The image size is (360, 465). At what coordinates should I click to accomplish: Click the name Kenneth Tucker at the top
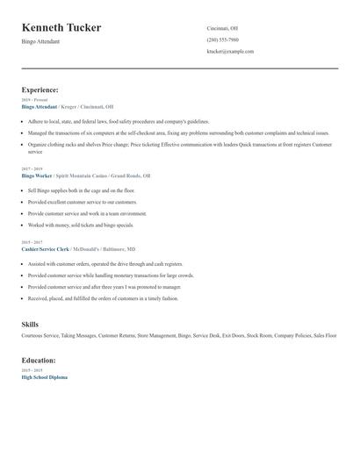pos(61,28)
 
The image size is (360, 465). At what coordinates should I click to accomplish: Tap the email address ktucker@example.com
pos(230,52)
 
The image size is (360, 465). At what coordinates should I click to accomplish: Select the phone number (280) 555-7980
pos(222,39)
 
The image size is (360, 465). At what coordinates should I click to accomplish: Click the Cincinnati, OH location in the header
pos(222,28)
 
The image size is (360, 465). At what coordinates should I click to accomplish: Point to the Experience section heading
pos(40,89)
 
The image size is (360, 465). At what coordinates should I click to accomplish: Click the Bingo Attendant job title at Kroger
pos(39,106)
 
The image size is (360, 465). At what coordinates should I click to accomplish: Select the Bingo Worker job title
pos(36,175)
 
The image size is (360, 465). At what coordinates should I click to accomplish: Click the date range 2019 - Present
pos(35,100)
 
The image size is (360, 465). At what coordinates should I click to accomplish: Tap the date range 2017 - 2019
pos(32,169)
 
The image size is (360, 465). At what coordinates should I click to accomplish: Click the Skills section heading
pos(30,325)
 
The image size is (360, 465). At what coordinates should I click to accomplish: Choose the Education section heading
pos(39,360)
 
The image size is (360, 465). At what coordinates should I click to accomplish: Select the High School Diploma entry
pos(44,376)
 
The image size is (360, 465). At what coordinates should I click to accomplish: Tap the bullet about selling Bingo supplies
pos(81,190)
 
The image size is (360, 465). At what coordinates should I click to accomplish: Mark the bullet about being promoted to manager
pos(104,286)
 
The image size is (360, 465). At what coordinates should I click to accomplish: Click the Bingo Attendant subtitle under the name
pos(41,41)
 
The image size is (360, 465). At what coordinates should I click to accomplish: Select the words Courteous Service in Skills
pos(40,335)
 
